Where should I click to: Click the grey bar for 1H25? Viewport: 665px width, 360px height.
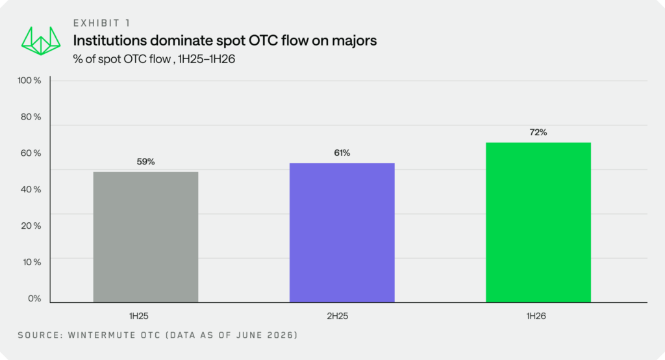pyautogui.click(x=145, y=237)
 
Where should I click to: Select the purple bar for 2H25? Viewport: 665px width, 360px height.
pyautogui.click(x=342, y=233)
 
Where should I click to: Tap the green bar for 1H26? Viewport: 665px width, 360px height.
pyautogui.click(x=538, y=222)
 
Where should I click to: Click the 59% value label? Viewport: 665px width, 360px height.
pyautogui.click(x=145, y=162)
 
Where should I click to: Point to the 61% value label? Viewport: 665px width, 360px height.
pyautogui.click(x=342, y=153)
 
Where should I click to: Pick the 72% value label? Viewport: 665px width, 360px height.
pyautogui.click(x=538, y=133)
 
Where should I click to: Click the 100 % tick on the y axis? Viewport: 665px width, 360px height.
pyautogui.click(x=29, y=80)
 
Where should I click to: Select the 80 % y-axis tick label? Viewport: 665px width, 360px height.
pyautogui.click(x=31, y=117)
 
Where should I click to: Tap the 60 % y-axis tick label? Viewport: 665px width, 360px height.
pyautogui.click(x=31, y=153)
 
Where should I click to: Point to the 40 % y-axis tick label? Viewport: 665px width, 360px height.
pyautogui.click(x=31, y=189)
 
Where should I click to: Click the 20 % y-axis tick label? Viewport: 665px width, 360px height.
pyautogui.click(x=31, y=225)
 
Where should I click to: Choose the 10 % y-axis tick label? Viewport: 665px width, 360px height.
pyautogui.click(x=32, y=262)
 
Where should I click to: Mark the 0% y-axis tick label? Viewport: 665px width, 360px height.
pyautogui.click(x=34, y=298)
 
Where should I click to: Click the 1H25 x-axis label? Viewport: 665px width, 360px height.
pyautogui.click(x=139, y=316)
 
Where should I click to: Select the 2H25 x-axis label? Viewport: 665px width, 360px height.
pyautogui.click(x=338, y=316)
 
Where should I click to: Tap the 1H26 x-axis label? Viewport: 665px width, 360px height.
pyautogui.click(x=536, y=316)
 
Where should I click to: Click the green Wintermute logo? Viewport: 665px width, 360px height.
pyautogui.click(x=41, y=41)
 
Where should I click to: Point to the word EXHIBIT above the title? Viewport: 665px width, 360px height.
pyautogui.click(x=97, y=23)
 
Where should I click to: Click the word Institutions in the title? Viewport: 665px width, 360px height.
pyautogui.click(x=110, y=40)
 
